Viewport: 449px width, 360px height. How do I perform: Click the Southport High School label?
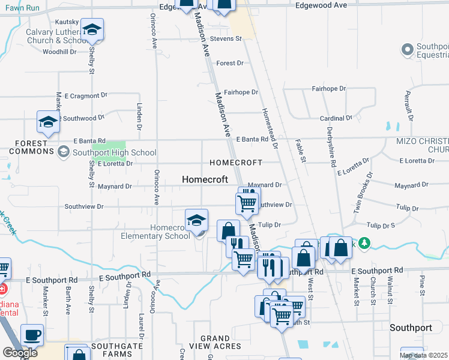tap(114, 152)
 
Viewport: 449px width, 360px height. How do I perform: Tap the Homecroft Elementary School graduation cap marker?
tap(196, 221)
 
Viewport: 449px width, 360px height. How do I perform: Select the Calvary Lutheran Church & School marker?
tap(92, 30)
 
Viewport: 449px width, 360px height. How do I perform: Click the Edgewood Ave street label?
tap(322, 5)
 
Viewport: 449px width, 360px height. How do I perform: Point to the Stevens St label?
tap(229, 38)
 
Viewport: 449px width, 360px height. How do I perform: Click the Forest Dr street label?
tap(230, 63)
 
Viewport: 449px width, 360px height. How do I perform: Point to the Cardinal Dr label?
tap(336, 118)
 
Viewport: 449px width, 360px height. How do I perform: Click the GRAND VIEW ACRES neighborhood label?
tap(215, 343)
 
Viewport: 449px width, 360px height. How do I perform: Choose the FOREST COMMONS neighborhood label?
tap(28, 147)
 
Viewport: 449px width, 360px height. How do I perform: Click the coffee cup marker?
tap(32, 335)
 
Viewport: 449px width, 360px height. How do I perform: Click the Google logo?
tap(20, 352)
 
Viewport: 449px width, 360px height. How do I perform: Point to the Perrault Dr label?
tap(407, 105)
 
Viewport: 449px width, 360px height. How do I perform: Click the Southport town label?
tap(411, 328)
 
